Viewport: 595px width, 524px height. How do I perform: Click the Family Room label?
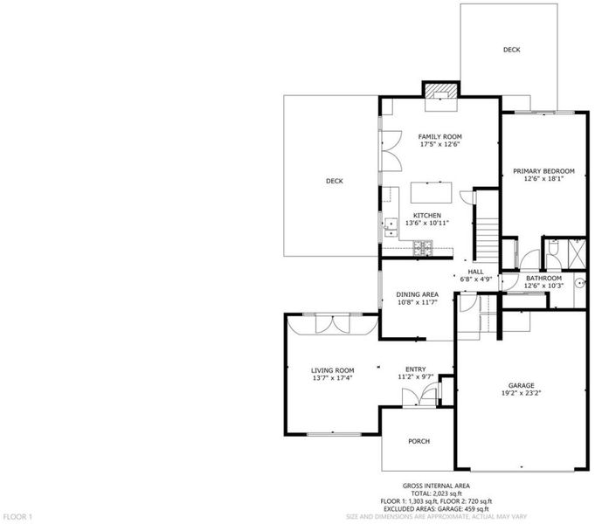[x=439, y=136]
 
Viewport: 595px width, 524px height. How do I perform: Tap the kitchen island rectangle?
[x=431, y=193]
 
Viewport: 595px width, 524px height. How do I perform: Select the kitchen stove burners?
[x=422, y=248]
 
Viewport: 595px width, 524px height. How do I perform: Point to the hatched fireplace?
[x=440, y=91]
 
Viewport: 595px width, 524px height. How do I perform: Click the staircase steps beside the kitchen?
[x=487, y=240]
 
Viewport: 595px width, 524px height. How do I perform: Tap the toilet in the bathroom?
[x=554, y=248]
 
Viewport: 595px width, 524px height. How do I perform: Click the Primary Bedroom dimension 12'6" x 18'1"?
[x=543, y=179]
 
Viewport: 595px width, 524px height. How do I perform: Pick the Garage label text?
[x=522, y=385]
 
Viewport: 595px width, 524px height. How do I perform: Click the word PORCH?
[x=419, y=441]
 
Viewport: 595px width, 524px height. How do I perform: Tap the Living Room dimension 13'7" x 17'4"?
[x=333, y=378]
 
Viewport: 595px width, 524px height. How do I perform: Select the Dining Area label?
[x=418, y=294]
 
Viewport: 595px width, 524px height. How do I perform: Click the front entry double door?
[x=419, y=396]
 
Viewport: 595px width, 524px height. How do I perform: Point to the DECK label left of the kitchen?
[x=335, y=182]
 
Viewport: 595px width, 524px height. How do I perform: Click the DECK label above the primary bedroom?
[x=511, y=50]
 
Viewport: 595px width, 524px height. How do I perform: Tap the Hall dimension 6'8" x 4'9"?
[x=476, y=279]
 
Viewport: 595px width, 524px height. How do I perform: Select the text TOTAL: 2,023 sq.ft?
[x=436, y=493]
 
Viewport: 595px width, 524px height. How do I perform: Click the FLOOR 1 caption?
[x=18, y=517]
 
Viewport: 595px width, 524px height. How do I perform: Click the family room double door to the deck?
[x=391, y=150]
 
